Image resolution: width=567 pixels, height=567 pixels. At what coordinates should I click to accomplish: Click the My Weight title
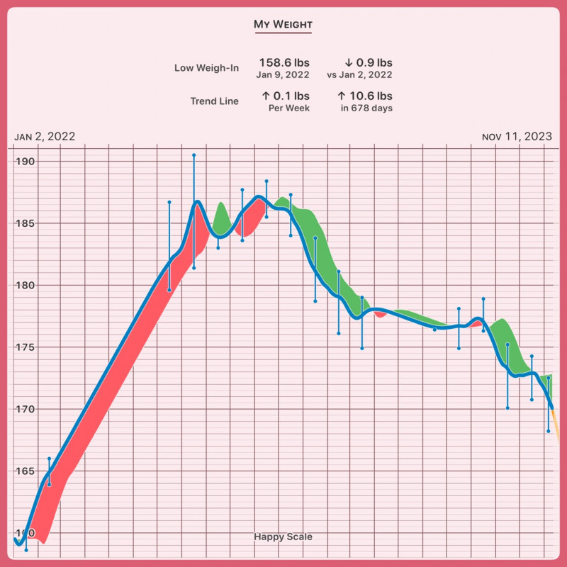[283, 25]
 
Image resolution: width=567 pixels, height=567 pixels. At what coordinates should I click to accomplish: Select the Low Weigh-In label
[206, 68]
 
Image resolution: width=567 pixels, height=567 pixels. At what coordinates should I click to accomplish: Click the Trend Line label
[214, 101]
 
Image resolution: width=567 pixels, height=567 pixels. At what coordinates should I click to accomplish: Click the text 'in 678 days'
[366, 108]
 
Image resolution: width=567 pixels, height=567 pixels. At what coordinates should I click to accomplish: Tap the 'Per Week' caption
[289, 108]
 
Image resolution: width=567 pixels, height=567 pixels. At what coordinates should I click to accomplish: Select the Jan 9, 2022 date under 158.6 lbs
[283, 74]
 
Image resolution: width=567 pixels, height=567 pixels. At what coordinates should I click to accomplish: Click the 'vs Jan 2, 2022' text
[359, 74]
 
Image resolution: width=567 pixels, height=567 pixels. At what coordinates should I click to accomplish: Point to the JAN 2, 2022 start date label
[45, 137]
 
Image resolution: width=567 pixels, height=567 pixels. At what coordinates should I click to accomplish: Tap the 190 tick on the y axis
[26, 162]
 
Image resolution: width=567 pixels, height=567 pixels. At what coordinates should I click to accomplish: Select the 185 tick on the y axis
[26, 223]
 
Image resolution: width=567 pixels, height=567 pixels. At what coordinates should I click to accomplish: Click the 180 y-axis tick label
[26, 286]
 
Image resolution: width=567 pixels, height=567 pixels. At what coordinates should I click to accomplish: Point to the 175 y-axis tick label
[26, 347]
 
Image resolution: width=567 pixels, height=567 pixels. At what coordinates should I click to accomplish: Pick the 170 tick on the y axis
[26, 410]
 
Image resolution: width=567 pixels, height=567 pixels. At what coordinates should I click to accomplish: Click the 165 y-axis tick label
[26, 471]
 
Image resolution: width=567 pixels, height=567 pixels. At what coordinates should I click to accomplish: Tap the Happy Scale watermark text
[283, 537]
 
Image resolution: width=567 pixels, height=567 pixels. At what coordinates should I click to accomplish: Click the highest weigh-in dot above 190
[193, 155]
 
